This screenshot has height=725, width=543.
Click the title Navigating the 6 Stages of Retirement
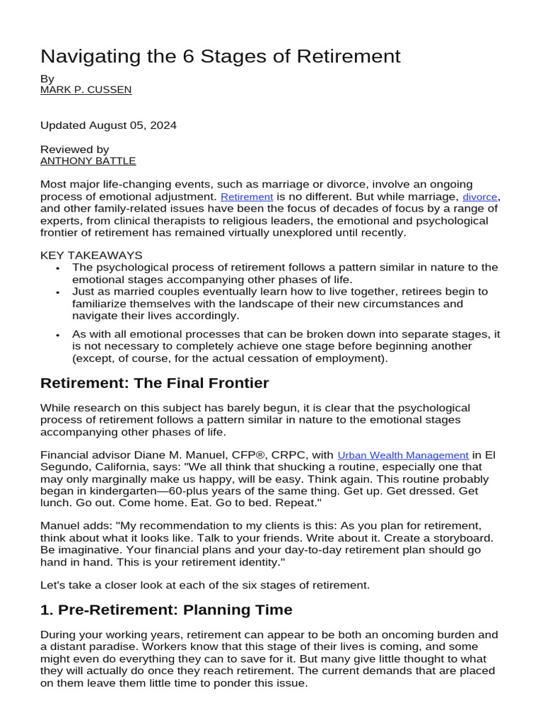tap(220, 56)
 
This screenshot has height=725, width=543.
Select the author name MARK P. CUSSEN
tap(86, 90)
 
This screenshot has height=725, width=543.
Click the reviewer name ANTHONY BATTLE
tap(88, 161)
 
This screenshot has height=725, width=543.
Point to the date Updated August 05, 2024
tap(108, 125)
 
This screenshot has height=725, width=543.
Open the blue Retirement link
tap(247, 197)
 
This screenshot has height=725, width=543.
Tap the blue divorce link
tap(480, 197)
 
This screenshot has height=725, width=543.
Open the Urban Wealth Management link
tap(403, 455)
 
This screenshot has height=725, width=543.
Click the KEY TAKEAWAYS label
tap(91, 255)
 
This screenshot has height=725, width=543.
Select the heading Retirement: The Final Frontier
tap(154, 383)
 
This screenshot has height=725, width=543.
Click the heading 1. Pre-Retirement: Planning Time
tap(166, 610)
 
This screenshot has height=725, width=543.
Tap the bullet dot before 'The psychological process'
tap(57, 268)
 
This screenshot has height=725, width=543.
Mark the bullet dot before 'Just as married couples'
tap(57, 292)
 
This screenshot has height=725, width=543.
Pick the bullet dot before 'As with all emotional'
tap(57, 334)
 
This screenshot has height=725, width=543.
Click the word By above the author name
tap(47, 79)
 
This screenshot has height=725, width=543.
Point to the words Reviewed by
tap(75, 149)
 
